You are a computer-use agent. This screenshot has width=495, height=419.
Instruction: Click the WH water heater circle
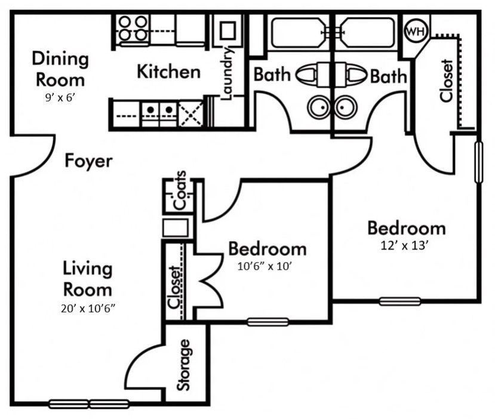tap(416, 31)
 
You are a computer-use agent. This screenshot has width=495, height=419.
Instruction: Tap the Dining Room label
tap(60, 69)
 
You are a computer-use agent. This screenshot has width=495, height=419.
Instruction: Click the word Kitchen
tap(168, 72)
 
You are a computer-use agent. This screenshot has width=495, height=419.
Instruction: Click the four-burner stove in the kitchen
tap(131, 27)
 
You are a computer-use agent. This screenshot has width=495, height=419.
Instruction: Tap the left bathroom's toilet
tap(307, 75)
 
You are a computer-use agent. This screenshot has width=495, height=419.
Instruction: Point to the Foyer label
tap(88, 161)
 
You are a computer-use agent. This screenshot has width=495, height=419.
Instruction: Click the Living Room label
tap(88, 279)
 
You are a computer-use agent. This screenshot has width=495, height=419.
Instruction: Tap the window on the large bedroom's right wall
tap(478, 162)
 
